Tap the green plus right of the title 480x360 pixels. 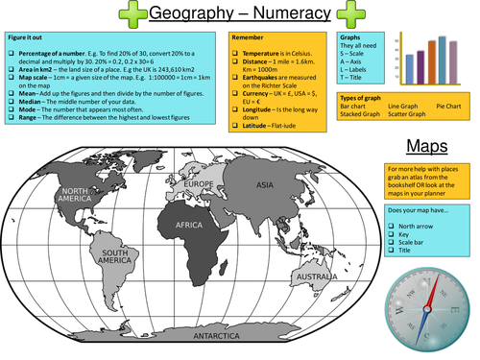click(x=351, y=14)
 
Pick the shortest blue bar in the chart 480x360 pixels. click(x=410, y=66)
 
